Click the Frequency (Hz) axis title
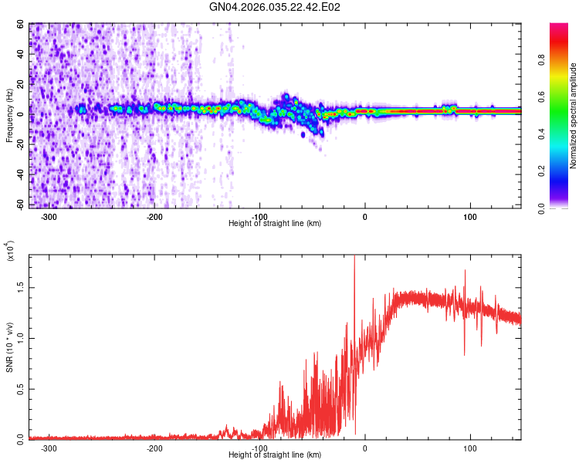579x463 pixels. [x=9, y=116]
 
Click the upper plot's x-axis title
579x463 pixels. [x=275, y=224]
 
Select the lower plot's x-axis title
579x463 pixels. [x=275, y=455]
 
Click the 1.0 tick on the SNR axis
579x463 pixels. [x=19, y=337]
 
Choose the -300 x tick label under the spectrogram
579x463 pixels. [x=49, y=216]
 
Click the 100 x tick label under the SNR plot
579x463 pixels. [x=470, y=447]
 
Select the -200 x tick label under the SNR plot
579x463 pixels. [x=154, y=447]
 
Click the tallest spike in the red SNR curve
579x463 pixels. [x=354, y=259]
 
